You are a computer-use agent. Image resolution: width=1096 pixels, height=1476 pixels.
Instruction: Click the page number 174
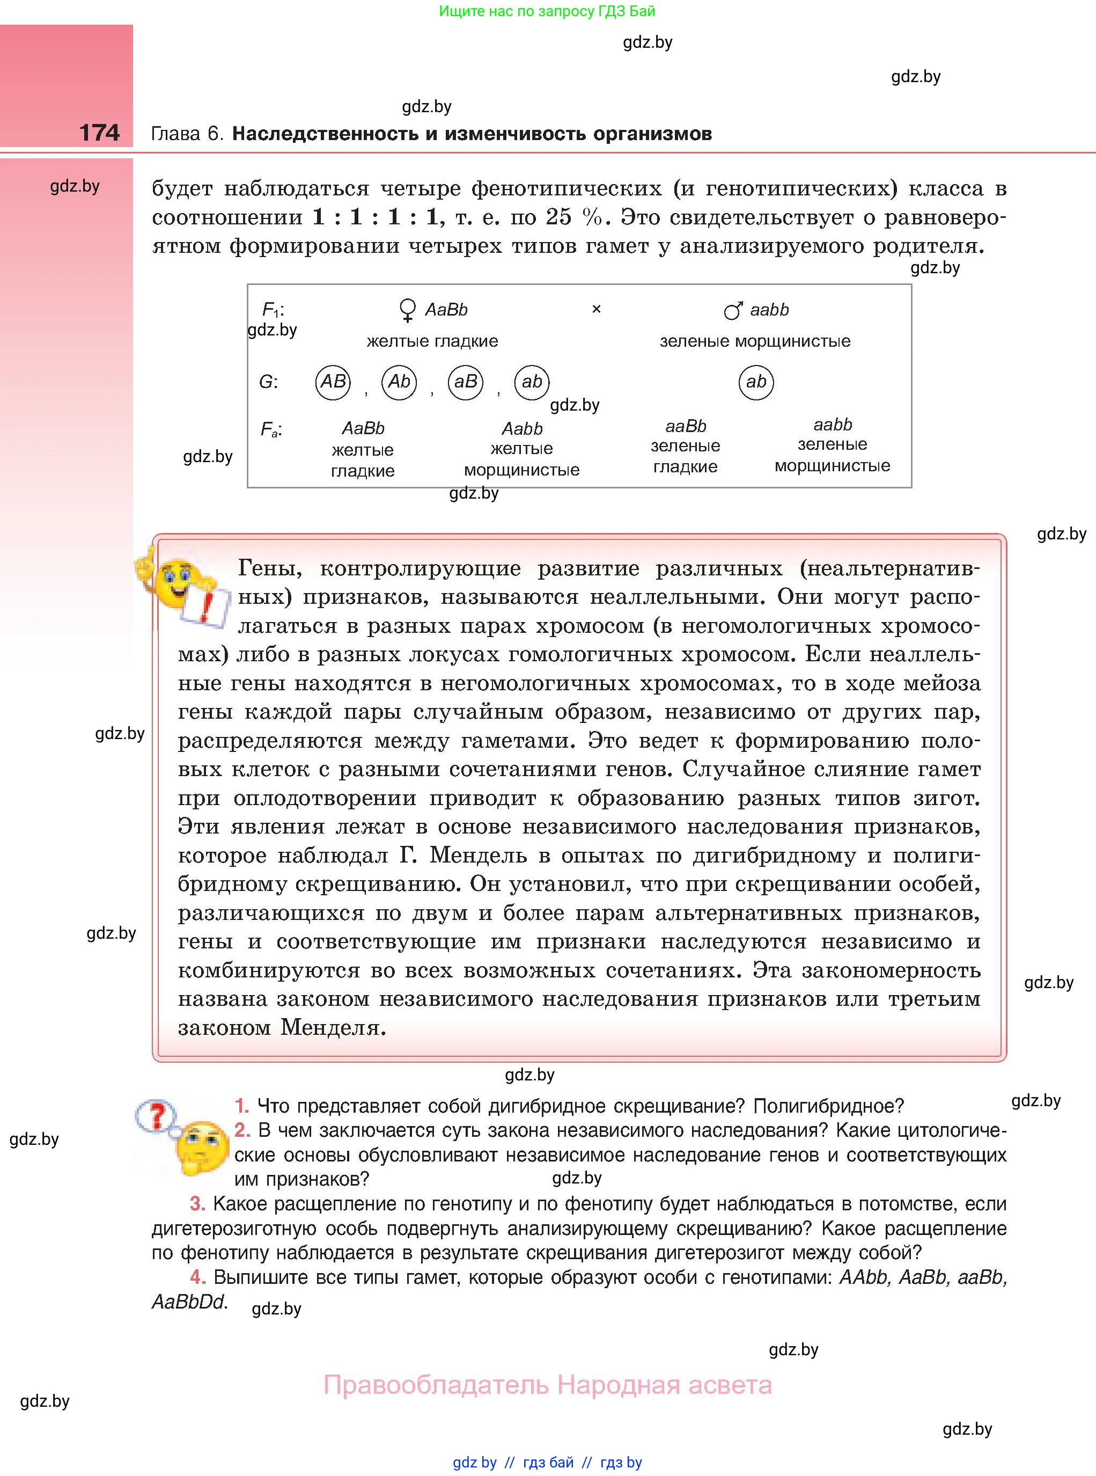[x=100, y=132]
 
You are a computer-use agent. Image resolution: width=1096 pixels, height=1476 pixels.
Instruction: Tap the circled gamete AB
[x=333, y=382]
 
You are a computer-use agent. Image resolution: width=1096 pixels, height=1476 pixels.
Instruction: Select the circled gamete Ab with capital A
[x=399, y=382]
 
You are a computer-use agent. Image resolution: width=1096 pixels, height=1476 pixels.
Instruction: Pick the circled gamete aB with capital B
[x=465, y=382]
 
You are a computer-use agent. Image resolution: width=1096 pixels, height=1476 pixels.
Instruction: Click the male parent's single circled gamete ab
[x=756, y=382]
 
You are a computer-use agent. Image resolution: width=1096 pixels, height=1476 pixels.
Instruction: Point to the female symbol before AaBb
[x=407, y=310]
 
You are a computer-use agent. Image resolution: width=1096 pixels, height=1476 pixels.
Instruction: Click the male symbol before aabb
[x=732, y=310]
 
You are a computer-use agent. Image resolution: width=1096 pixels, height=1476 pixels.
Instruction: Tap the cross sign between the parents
[x=596, y=309]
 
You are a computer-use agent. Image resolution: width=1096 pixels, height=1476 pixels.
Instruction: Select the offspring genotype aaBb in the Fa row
[x=685, y=426]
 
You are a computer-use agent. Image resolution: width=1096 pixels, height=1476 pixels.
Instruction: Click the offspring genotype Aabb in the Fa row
[x=521, y=429]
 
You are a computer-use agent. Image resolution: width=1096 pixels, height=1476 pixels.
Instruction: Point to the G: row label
[x=268, y=382]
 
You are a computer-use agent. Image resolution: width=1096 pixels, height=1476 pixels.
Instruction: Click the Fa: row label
[x=271, y=430]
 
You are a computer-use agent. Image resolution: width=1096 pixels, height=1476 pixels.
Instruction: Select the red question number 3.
[x=197, y=1203]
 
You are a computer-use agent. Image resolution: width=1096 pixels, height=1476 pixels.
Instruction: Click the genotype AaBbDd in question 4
[x=189, y=1302]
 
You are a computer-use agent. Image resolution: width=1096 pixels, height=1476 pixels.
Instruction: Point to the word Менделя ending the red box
[x=333, y=1028]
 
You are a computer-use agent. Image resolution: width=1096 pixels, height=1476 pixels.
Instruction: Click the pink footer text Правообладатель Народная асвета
[x=547, y=1385]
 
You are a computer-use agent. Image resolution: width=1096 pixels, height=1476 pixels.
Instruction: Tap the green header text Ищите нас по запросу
[x=547, y=11]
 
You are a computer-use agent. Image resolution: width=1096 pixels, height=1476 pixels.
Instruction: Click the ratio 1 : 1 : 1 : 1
[x=375, y=217]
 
